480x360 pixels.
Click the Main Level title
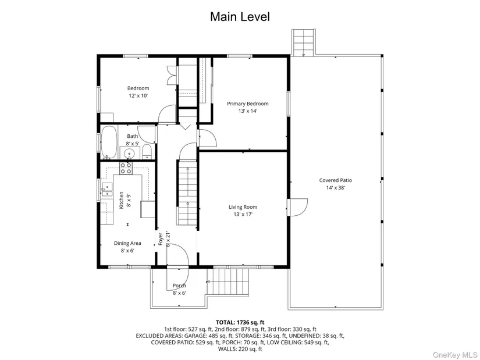pos(240,16)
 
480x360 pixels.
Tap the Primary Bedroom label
pos(248,104)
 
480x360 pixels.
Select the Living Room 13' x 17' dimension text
pos(243,214)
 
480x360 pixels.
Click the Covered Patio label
pos(336,180)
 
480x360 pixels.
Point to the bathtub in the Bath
pos(109,142)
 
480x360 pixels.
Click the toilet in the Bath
pos(147,152)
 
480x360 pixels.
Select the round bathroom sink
pos(130,153)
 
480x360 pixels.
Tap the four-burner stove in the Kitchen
pos(126,168)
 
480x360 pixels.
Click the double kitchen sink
pos(107,190)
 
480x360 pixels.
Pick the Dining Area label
pos(127,243)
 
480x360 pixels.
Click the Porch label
pos(179,286)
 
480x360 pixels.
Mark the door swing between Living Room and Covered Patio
pos(297,208)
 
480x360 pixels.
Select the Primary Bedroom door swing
pos(208,138)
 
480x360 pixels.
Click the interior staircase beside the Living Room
pos(187,193)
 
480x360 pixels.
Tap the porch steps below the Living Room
pos(228,281)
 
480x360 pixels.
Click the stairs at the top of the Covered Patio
pos(303,42)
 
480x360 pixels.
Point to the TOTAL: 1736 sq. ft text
pos(240,322)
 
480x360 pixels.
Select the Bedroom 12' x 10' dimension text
pos(138,96)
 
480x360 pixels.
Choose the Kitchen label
pos(121,201)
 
